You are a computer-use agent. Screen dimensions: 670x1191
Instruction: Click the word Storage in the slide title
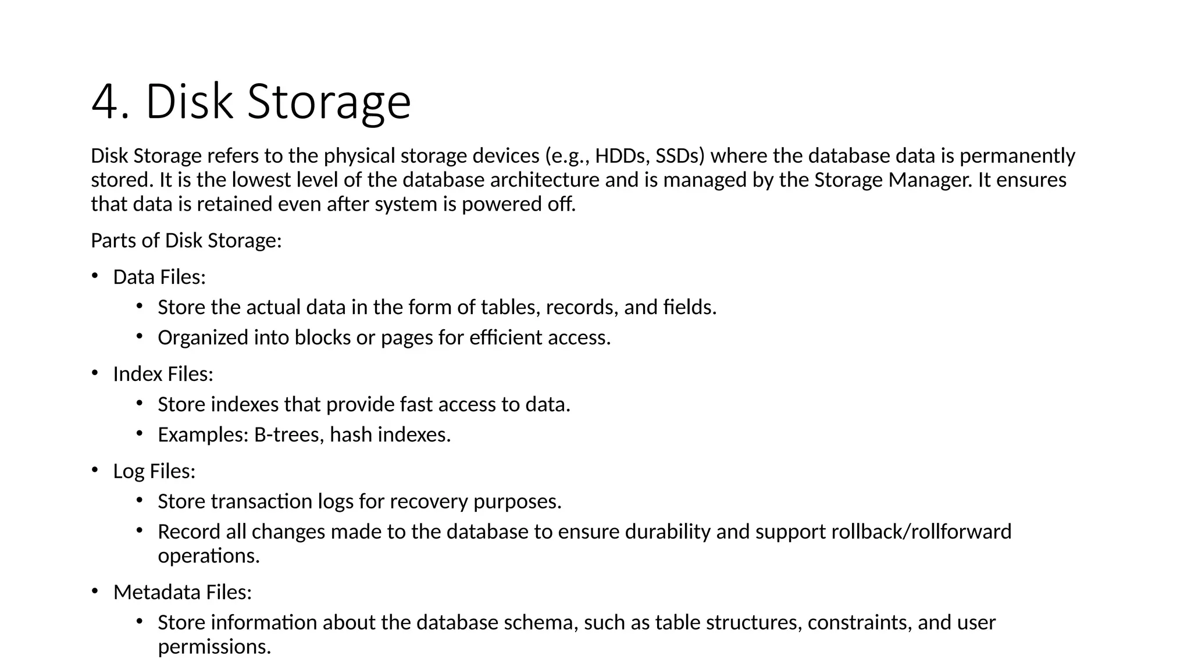point(329,102)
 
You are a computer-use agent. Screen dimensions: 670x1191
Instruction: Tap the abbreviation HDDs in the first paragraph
point(619,156)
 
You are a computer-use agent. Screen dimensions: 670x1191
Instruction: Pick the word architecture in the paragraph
point(544,180)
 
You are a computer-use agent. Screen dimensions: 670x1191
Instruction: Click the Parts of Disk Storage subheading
point(186,240)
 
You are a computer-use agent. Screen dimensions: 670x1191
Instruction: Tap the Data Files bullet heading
point(159,277)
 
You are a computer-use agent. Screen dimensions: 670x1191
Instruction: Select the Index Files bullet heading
point(163,374)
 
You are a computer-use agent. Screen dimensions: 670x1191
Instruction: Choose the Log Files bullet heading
point(154,471)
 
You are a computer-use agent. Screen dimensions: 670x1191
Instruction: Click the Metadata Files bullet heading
point(182,592)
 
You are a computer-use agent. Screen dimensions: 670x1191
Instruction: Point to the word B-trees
point(289,434)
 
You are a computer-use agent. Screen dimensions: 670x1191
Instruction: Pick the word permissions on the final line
point(214,647)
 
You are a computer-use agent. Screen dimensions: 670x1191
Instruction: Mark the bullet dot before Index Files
point(95,372)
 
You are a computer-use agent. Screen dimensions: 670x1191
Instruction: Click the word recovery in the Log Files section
point(428,501)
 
